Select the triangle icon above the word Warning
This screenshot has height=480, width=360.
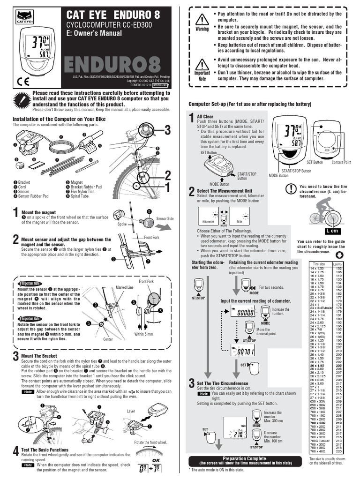pos(202,20)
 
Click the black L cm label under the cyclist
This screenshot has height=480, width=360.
pos(332,231)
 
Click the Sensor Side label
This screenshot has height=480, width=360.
pos(165,219)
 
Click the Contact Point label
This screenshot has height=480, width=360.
pos(341,162)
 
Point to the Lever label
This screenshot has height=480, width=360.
pos(131,411)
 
